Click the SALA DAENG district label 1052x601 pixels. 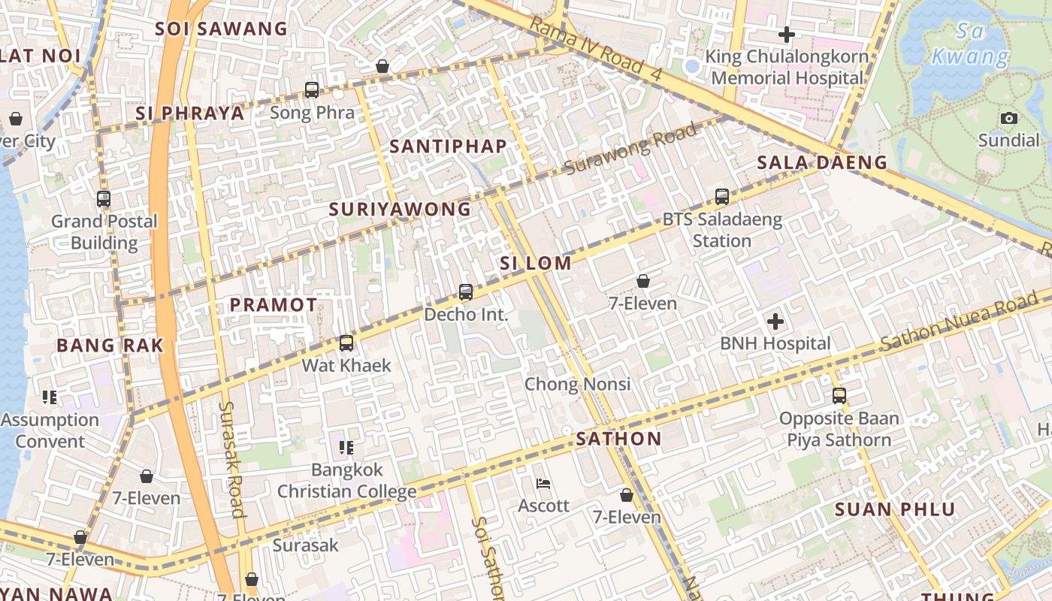821,162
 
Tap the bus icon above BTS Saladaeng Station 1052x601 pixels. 721,197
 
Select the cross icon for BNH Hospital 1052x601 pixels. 775,322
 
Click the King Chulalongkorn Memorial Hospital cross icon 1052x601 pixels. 786,35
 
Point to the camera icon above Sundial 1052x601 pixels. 1008,118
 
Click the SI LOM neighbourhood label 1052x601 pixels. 536,263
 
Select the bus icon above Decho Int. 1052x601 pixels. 466,292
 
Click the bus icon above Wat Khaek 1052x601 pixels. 346,343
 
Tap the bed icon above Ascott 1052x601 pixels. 543,483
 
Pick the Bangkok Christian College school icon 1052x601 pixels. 346,448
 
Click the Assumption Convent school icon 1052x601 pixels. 50,397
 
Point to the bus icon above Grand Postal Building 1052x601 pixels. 104,199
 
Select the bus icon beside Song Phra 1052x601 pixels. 311,90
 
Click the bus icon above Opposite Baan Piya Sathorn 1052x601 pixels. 839,396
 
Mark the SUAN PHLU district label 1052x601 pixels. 895,509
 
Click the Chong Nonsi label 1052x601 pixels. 577,384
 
